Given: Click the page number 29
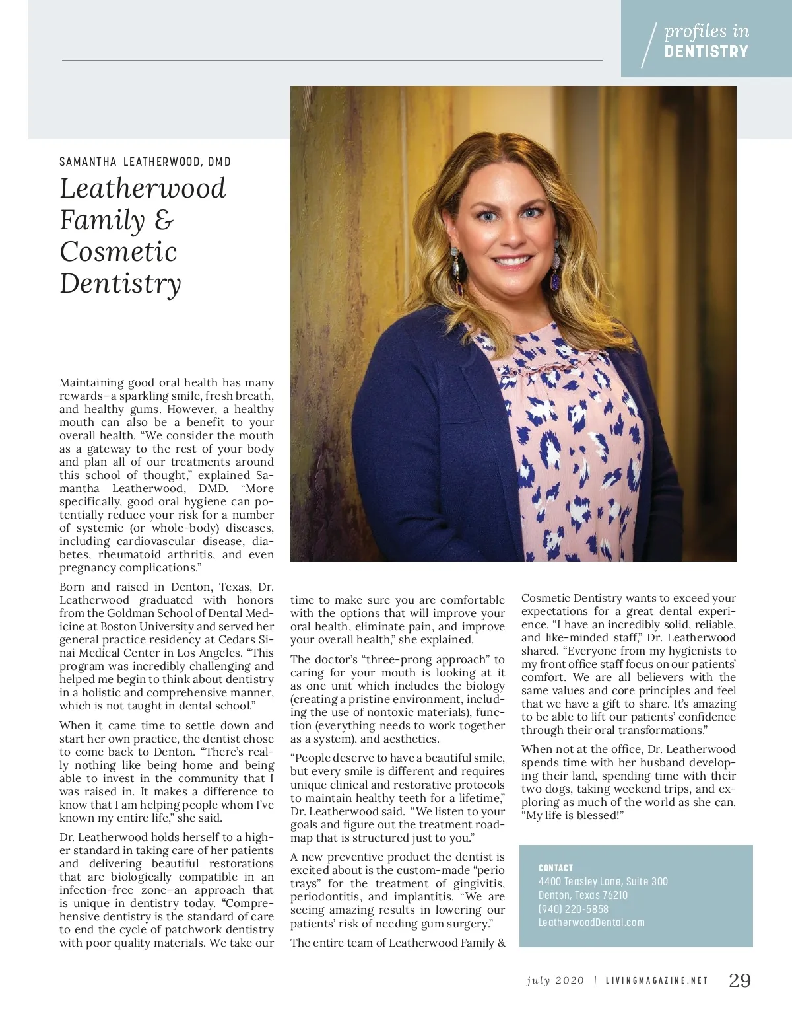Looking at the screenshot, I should tap(739, 980).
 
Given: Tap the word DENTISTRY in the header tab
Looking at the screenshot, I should tap(706, 52).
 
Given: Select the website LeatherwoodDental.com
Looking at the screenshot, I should tap(591, 922).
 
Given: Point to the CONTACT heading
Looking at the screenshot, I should tap(556, 868).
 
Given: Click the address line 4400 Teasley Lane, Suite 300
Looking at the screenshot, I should tap(603, 881).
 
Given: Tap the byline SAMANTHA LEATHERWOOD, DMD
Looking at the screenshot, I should tap(145, 162).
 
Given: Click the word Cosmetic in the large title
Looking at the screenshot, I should tap(119, 252).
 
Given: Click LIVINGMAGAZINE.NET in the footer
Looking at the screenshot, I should tap(657, 981).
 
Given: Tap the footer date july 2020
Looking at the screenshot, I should tap(555, 980).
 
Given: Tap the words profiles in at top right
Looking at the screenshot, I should tap(706, 31).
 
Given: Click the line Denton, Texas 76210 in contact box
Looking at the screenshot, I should tap(583, 895).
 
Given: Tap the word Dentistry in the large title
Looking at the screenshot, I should tap(120, 283).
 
